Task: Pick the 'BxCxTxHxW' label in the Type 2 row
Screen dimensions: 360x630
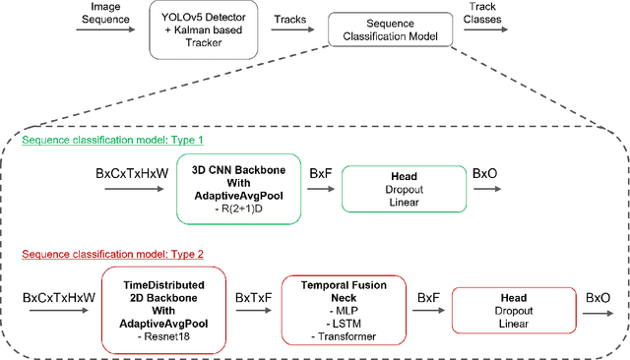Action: coord(60,296)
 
